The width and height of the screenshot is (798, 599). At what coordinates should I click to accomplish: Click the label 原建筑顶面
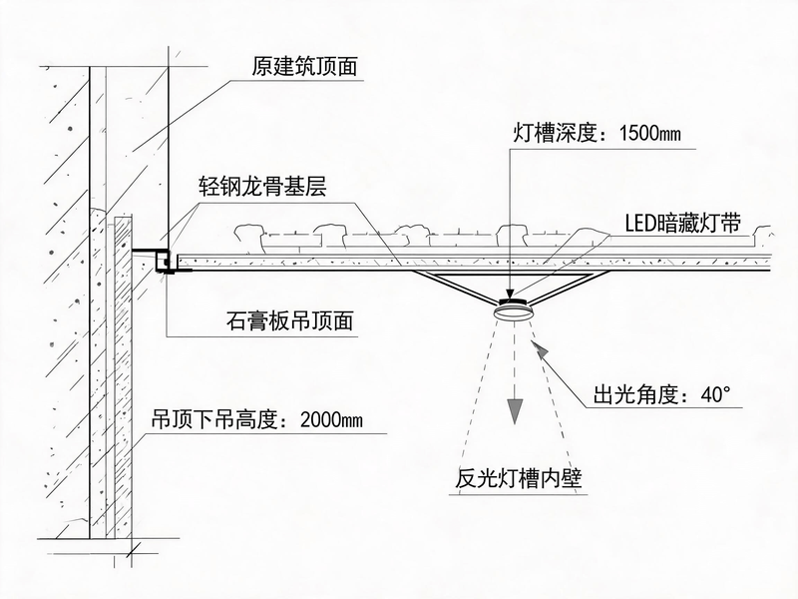(x=304, y=67)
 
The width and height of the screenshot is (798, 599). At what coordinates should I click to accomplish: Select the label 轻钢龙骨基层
(x=262, y=187)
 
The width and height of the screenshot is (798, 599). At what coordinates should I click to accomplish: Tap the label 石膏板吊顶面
(x=289, y=320)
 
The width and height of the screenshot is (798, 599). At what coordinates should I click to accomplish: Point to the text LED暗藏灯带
(x=683, y=224)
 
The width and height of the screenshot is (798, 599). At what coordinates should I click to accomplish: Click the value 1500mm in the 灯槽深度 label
(x=650, y=134)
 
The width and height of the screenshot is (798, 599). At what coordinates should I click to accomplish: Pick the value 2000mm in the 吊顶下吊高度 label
(x=331, y=420)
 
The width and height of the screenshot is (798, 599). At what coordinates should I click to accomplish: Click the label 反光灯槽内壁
(x=518, y=478)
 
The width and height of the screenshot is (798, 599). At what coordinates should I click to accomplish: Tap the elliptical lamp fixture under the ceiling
(x=514, y=310)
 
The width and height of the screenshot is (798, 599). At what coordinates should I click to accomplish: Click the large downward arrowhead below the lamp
(x=515, y=411)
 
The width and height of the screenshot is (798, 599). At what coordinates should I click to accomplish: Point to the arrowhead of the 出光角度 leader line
(x=540, y=350)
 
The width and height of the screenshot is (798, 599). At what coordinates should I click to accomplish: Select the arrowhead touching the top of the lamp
(x=511, y=294)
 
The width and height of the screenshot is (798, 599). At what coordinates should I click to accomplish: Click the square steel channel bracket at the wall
(x=165, y=262)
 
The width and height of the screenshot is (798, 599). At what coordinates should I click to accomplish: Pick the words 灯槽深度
(x=555, y=134)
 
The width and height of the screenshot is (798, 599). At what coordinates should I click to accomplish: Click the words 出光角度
(x=635, y=394)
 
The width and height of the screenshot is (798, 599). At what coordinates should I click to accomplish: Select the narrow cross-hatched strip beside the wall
(x=123, y=377)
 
